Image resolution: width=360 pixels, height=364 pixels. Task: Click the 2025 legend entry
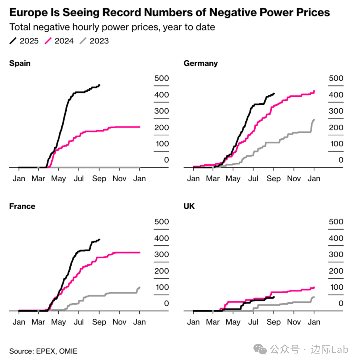point(24,41)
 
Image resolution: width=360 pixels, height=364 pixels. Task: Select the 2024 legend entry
point(59,41)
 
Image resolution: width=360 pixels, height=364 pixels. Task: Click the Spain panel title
point(20,63)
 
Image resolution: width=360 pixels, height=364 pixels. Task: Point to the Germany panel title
point(201,63)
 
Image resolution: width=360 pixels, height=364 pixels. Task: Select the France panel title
point(22,207)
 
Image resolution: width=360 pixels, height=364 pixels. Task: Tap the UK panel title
point(189,207)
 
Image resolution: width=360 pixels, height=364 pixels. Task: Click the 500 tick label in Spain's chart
point(161,78)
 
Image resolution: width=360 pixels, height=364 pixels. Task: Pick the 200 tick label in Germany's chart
point(336,127)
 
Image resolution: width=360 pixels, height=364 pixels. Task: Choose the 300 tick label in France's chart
point(161,254)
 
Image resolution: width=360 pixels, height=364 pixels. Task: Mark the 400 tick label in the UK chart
point(336,238)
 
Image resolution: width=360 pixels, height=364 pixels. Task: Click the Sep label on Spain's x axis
point(99,179)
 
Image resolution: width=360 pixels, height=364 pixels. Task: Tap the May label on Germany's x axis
point(233,179)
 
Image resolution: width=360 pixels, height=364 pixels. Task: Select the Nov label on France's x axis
point(119,322)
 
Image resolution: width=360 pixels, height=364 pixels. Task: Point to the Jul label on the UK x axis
point(253,322)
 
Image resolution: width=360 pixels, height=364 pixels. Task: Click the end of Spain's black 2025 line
point(100,85)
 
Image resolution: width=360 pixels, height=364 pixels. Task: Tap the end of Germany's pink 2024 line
point(314,91)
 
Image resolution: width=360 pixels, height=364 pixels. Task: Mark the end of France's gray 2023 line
point(140,287)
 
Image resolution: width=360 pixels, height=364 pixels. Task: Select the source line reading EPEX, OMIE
point(43,351)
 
